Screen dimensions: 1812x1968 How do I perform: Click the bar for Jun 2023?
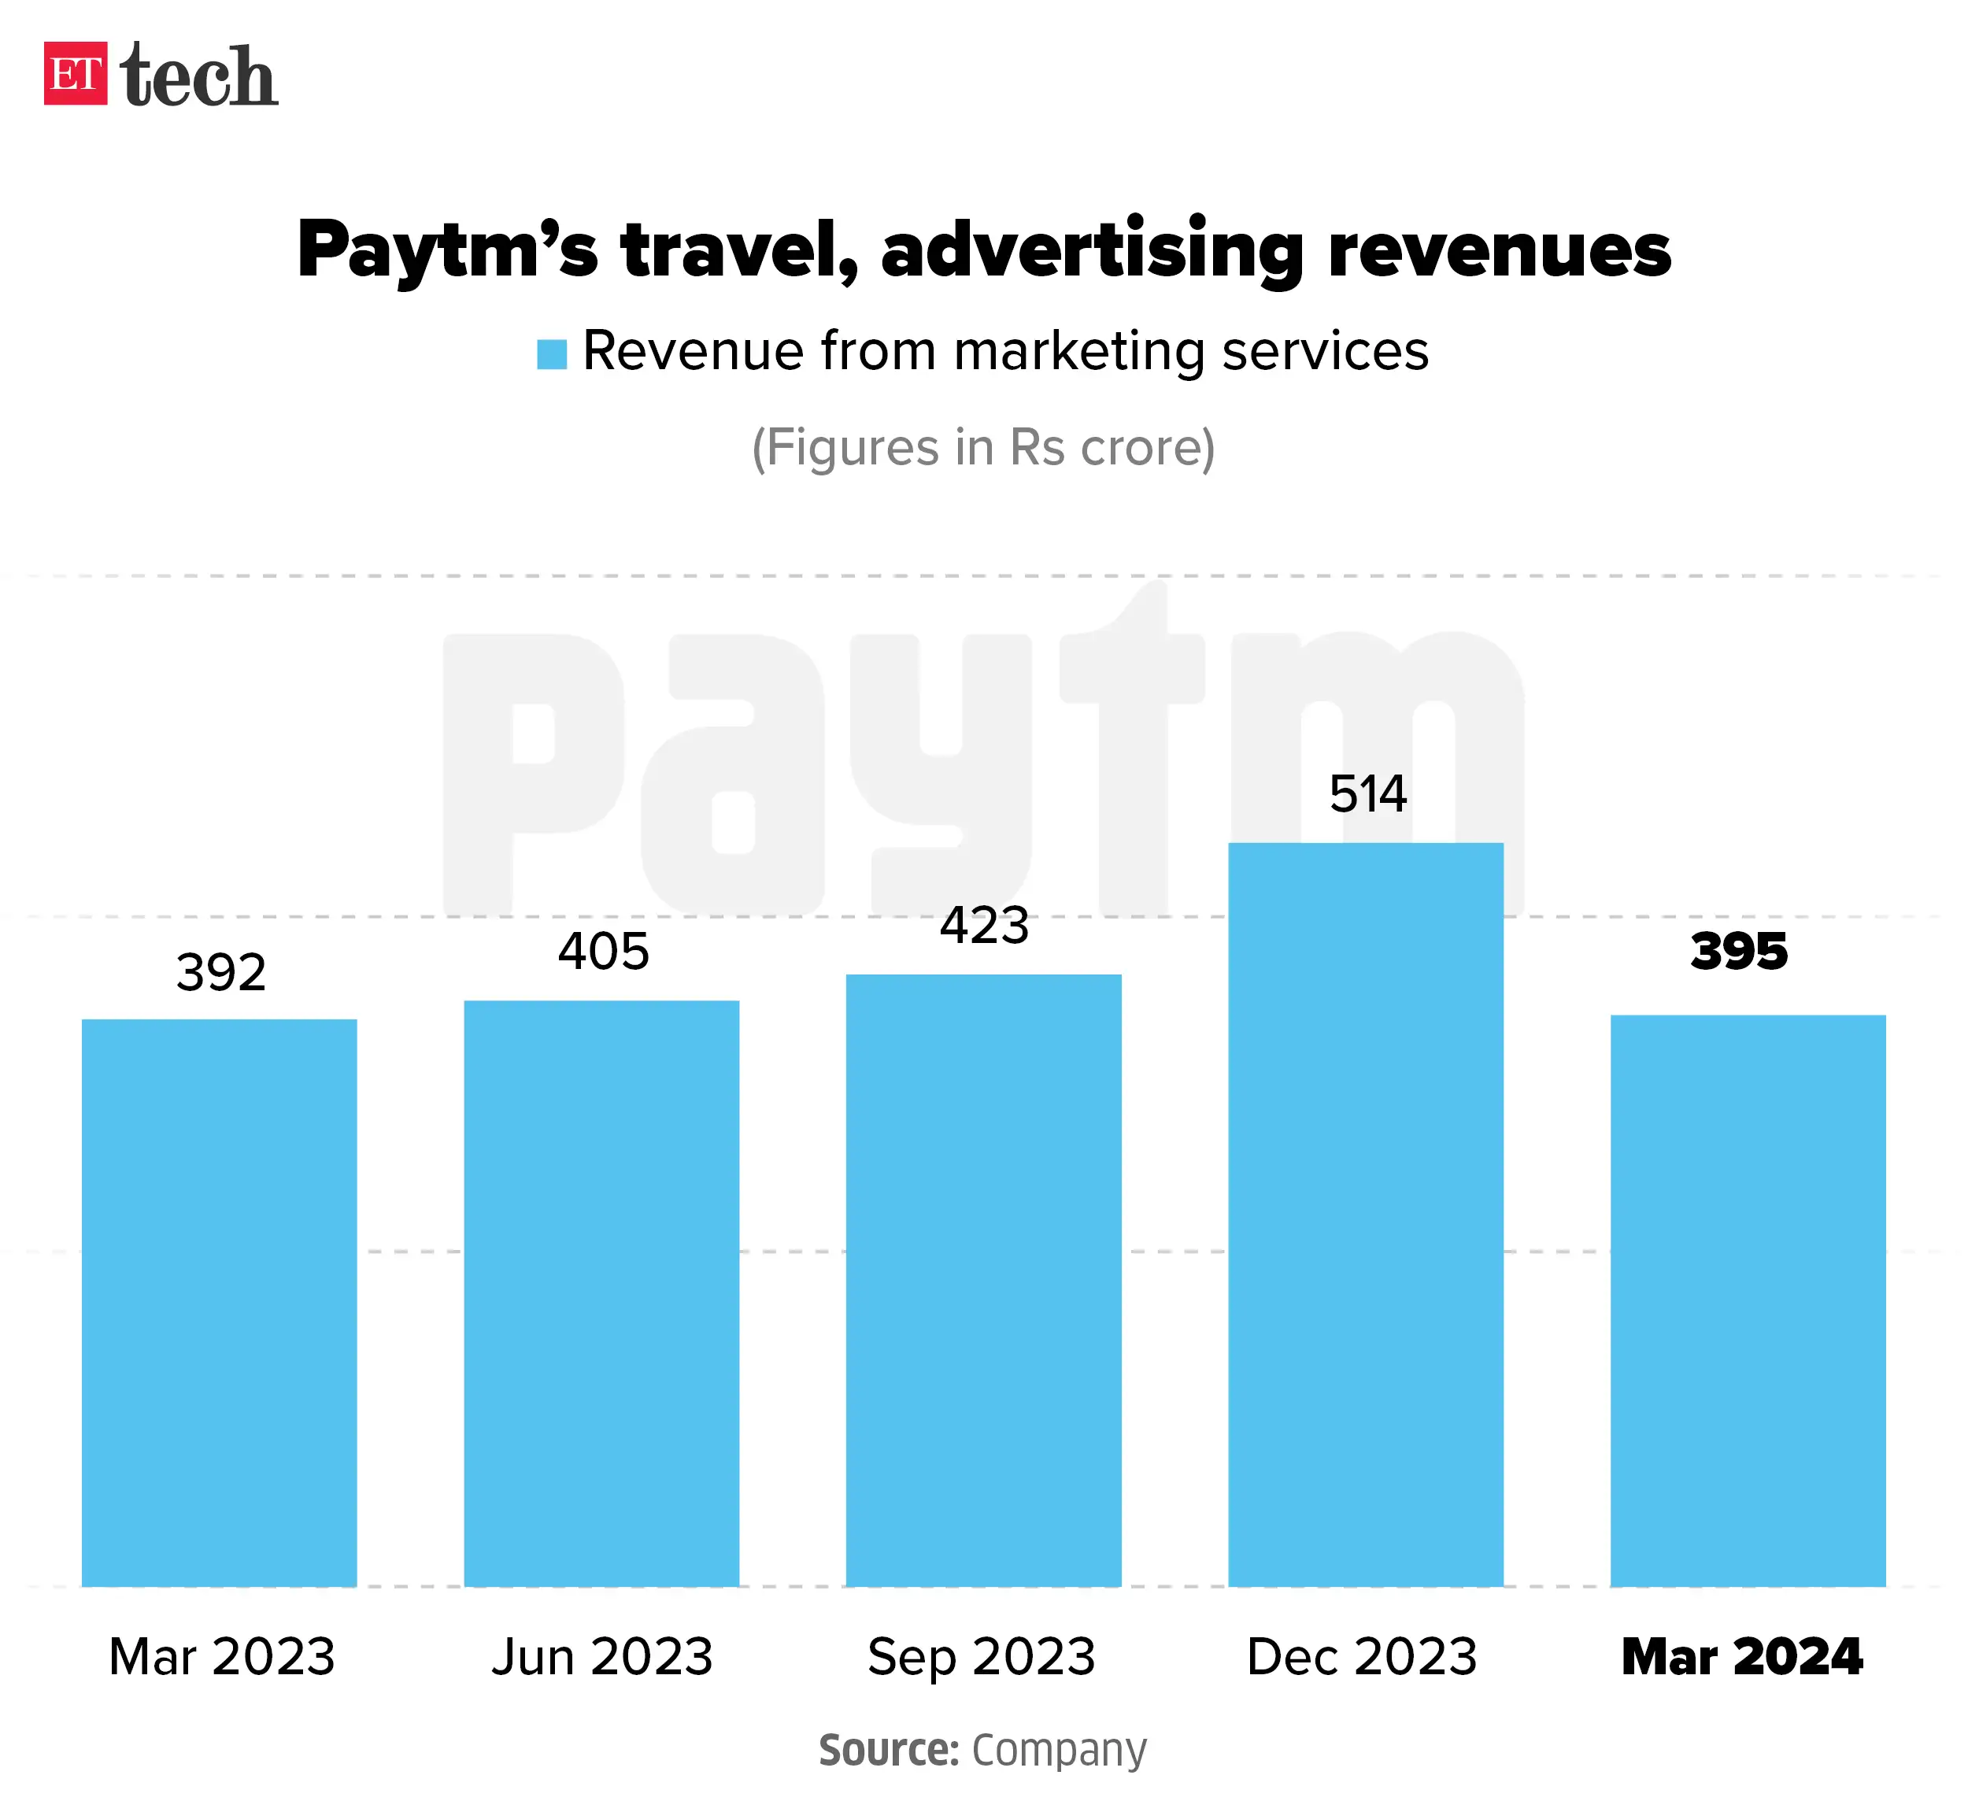pos(601,1293)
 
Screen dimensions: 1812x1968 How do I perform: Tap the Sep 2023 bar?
pos(983,1281)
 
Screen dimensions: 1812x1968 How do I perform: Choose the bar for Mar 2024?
pos(1748,1301)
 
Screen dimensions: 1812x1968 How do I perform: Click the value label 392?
pos(220,973)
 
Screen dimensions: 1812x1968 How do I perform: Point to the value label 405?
pos(603,951)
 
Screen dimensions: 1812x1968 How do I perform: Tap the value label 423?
pos(985,926)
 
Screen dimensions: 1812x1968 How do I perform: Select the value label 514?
pos(1368,793)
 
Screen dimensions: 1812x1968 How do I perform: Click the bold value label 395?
pos(1740,951)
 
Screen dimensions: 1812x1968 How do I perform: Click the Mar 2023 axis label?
pos(222,1656)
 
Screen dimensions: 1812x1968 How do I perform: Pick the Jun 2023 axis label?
pos(602,1656)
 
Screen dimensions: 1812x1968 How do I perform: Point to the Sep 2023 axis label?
pos(982,1656)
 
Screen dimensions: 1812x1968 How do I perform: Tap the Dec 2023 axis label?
pos(1362,1656)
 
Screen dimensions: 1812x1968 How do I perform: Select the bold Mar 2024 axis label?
pos(1741,1656)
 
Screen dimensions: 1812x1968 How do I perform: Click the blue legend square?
pos(552,354)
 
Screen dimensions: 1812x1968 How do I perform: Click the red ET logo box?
pos(76,73)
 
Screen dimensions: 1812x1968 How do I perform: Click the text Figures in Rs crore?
pos(983,448)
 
